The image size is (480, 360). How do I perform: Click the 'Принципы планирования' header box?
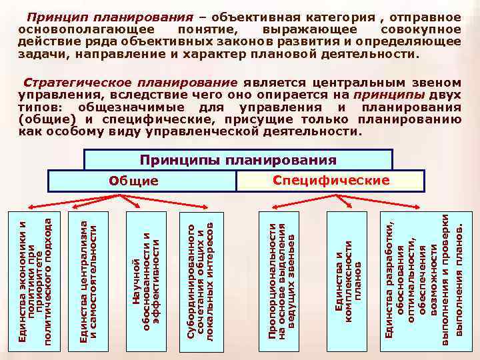pyautogui.click(x=239, y=160)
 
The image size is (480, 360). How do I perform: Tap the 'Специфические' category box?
pyautogui.click(x=331, y=181)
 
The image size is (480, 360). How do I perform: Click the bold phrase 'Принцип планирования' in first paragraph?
pyautogui.click(x=109, y=15)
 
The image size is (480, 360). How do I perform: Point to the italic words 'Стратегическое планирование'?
pyautogui.click(x=130, y=83)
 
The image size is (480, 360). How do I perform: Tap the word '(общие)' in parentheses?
pyautogui.click(x=44, y=120)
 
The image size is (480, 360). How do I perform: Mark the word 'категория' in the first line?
pyautogui.click(x=349, y=15)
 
